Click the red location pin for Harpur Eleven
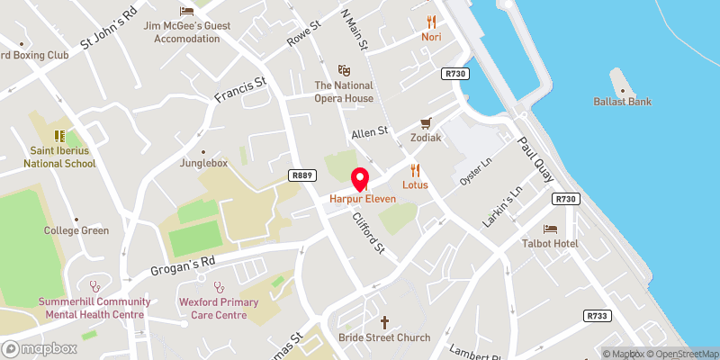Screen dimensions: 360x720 (x=359, y=178)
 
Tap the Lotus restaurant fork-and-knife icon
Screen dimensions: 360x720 (x=415, y=169)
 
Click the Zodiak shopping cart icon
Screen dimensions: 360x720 (x=427, y=123)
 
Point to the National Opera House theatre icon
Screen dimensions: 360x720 (x=343, y=69)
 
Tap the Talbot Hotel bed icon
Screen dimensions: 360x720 (x=549, y=229)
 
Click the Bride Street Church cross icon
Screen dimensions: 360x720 (x=384, y=321)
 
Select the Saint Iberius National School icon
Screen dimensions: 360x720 (x=60, y=136)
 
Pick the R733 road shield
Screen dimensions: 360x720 (x=597, y=316)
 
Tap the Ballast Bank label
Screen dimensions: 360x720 (x=623, y=102)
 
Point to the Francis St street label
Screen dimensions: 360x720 (x=240, y=92)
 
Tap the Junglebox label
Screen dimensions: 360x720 (x=202, y=163)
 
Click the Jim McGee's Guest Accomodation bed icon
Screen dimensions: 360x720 (x=186, y=11)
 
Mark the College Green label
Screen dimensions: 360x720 (x=76, y=230)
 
